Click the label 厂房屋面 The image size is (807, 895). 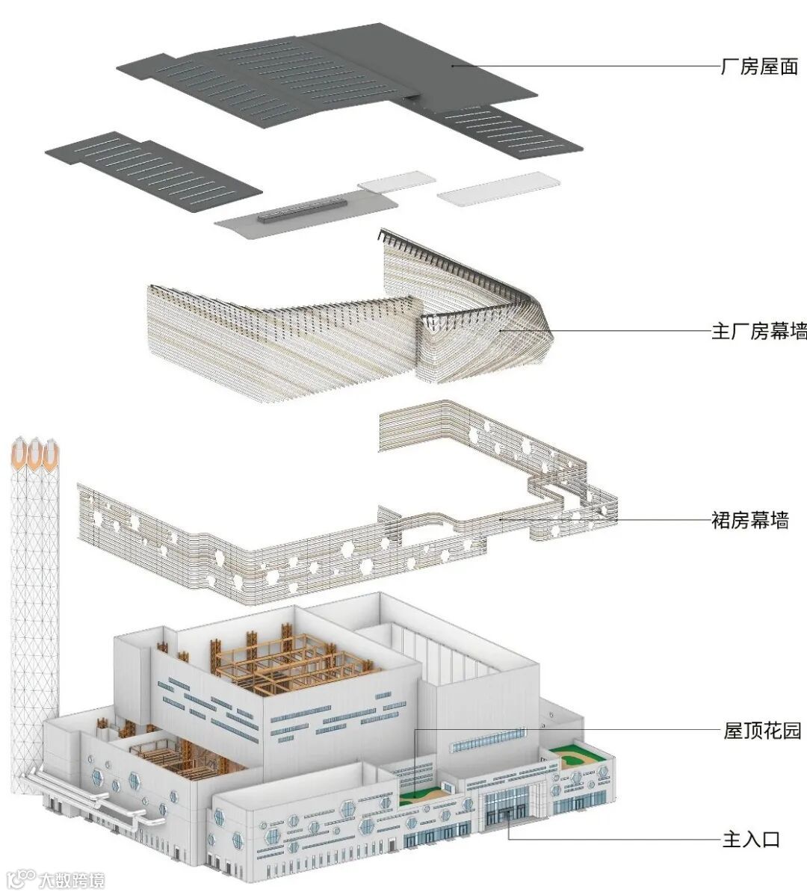click(758, 66)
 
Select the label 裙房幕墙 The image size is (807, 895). click(749, 519)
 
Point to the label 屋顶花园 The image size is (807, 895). click(761, 730)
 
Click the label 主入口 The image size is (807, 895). click(751, 839)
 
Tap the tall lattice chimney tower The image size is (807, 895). click(34, 598)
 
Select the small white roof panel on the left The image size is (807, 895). click(396, 181)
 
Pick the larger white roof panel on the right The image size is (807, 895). click(498, 188)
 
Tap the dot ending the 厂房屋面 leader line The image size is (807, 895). click(453, 66)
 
